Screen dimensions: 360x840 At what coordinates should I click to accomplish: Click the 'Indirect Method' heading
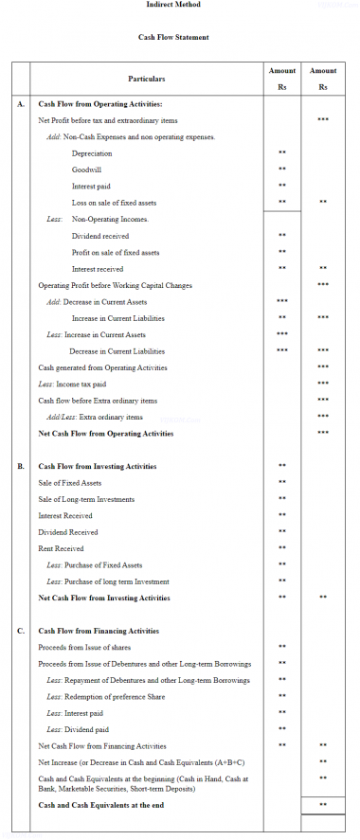173,5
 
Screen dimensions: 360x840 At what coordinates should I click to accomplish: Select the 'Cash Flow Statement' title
173,37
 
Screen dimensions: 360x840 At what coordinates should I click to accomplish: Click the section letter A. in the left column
21,104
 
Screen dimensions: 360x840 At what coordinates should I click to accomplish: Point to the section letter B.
21,467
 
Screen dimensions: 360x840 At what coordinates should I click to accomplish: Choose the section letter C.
21,631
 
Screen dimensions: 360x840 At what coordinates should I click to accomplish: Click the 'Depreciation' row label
92,153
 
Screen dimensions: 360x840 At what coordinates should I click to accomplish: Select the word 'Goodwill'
87,170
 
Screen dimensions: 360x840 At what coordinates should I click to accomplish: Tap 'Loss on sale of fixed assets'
114,203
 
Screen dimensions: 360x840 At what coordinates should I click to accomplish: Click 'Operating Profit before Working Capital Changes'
116,285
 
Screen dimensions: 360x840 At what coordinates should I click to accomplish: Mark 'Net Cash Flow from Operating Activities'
106,434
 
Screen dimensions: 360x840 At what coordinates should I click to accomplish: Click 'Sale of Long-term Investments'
86,499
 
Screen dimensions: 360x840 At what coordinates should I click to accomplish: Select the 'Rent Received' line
61,548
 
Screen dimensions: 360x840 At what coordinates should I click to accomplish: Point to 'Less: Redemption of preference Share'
105,696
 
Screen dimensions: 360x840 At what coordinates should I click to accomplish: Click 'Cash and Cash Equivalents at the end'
101,805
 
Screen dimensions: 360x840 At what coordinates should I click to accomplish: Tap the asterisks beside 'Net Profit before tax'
323,120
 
